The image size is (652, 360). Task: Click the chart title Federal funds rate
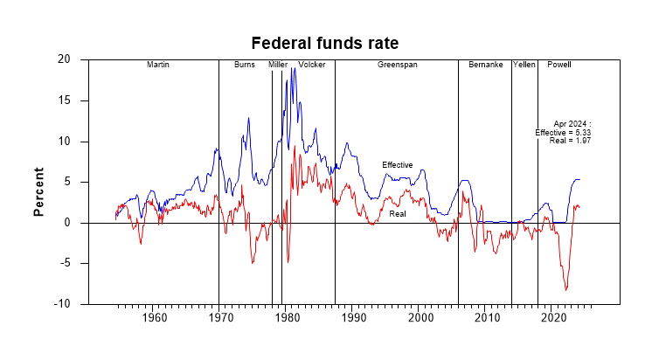pos(325,43)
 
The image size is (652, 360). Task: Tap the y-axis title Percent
pos(38,191)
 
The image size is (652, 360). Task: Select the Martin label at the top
pos(158,66)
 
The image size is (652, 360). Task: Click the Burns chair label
pos(244,66)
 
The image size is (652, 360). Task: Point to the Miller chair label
pos(278,66)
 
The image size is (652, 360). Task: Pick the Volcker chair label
pos(311,66)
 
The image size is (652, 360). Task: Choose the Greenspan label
pos(398,66)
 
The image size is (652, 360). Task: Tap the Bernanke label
pos(485,66)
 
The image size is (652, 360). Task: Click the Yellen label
pos(524,66)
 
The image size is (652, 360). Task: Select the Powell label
pos(559,66)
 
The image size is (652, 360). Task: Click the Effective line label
pos(397,165)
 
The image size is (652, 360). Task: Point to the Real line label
pos(398,214)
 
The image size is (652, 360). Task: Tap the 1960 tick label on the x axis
pos(154,318)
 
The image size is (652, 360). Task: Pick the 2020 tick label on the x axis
pos(553,318)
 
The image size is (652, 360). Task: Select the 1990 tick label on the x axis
pos(354,318)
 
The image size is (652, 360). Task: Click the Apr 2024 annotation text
pos(572,124)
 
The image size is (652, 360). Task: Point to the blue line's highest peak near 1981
pos(294,67)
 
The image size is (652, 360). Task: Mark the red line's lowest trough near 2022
pos(566,290)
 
